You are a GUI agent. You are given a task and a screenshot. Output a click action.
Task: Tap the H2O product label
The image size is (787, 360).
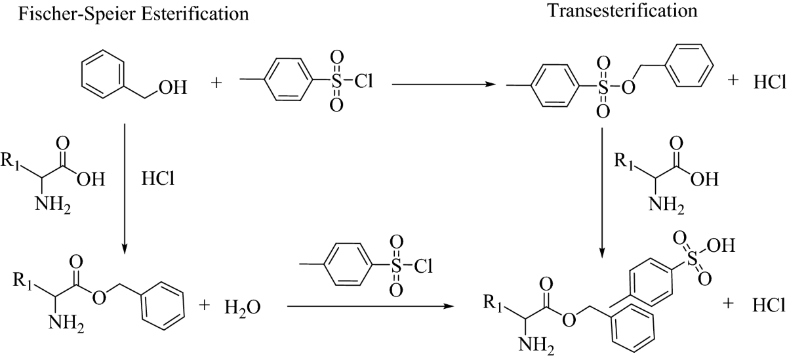click(x=241, y=306)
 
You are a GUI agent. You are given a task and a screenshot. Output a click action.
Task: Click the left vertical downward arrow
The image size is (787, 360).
click(x=125, y=190)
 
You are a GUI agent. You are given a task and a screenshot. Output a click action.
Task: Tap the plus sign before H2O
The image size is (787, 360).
click(x=203, y=306)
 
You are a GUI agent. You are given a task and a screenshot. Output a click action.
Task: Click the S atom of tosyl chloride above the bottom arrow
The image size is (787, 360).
click(x=395, y=266)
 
